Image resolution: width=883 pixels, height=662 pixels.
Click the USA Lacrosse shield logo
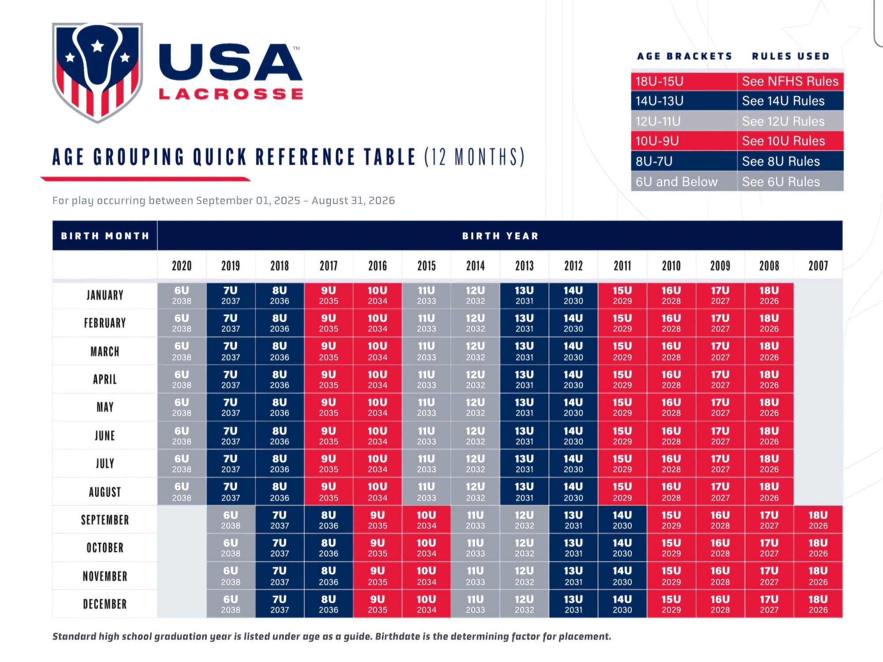(x=98, y=72)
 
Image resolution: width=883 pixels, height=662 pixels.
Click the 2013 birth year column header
(x=524, y=266)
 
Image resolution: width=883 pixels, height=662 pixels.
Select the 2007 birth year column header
(x=818, y=266)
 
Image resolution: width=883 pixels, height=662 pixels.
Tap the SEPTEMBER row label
(x=105, y=520)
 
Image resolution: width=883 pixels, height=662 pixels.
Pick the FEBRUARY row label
(x=105, y=323)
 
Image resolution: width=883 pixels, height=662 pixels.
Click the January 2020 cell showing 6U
(x=181, y=295)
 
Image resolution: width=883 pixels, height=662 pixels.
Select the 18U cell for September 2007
(x=818, y=520)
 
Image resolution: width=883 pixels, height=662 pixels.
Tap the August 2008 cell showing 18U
(x=769, y=492)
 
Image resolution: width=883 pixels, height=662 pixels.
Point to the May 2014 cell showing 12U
(x=475, y=407)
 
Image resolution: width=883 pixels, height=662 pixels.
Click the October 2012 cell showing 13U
(x=573, y=548)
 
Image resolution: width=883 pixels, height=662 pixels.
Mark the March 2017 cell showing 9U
(x=328, y=351)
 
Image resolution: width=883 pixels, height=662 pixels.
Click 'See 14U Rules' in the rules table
(x=783, y=101)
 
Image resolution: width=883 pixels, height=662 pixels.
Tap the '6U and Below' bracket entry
(x=676, y=182)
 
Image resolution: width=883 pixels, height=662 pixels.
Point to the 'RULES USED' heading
(x=790, y=56)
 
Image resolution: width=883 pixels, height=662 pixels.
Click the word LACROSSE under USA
(x=231, y=94)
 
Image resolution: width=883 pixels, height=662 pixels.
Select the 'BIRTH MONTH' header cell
(x=105, y=236)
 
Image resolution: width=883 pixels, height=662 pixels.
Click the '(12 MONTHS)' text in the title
(x=475, y=157)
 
